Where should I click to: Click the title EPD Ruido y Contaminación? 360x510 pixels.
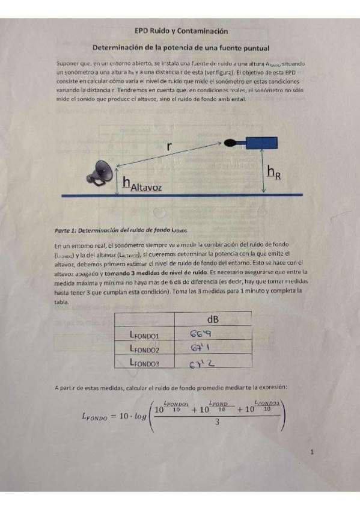181,31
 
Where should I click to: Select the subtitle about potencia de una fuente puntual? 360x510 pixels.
181,48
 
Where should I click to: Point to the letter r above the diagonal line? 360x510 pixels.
171,145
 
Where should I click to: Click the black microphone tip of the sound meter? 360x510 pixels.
230,144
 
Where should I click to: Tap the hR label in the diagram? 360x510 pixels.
273,173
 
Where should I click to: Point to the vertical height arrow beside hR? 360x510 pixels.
263,172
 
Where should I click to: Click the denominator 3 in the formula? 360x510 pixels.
216,422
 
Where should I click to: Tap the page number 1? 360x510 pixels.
313,453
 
